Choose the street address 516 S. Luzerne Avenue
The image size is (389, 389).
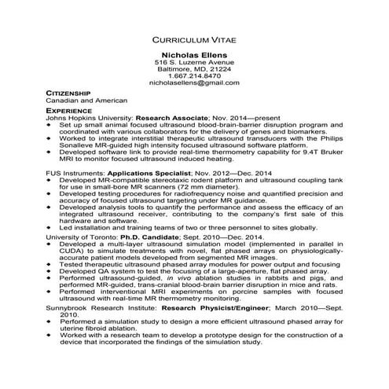click(x=194, y=61)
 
